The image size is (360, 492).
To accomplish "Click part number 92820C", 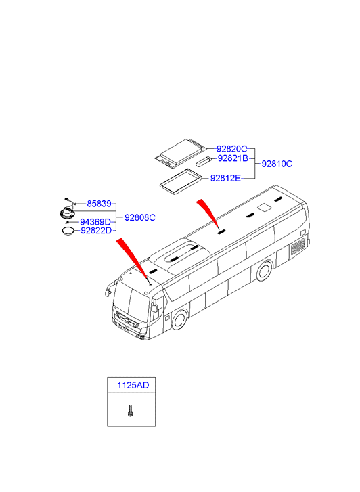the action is pos(231,149).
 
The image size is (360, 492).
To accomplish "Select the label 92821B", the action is pos(233,158).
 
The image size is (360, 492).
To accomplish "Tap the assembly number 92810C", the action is pos(277,164).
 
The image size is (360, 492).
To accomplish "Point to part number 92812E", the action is pos(225,178).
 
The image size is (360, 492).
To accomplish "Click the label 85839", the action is pos(99,204).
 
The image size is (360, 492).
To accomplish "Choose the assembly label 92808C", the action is pos(139,217).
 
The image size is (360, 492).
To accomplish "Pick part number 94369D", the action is pos(95,222).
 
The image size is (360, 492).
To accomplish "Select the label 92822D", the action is pos(96,231).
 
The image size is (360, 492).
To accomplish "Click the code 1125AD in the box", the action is pos(133,385).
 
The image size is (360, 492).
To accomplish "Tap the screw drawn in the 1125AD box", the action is pos(130,411).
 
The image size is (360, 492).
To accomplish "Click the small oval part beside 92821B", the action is pos(202,161).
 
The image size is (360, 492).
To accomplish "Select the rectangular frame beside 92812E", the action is pos(180,180).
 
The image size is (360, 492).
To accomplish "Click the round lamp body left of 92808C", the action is pos(67,214).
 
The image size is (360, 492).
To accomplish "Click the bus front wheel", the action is pos(179,319).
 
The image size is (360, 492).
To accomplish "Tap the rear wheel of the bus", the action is pos(264,271).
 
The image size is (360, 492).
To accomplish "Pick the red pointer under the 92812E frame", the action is pos(208,212).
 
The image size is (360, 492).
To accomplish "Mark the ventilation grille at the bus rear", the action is pos(298,246).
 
